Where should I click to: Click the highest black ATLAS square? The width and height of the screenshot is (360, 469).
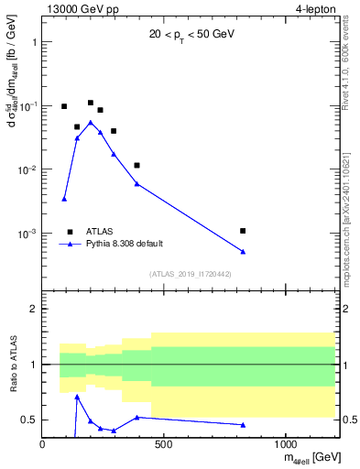(x=91, y=103)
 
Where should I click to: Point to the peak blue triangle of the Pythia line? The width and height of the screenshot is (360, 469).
(x=91, y=122)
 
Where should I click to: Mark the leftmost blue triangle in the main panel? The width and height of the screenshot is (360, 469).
(x=64, y=199)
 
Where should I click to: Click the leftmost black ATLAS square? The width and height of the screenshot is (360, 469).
(x=64, y=106)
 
